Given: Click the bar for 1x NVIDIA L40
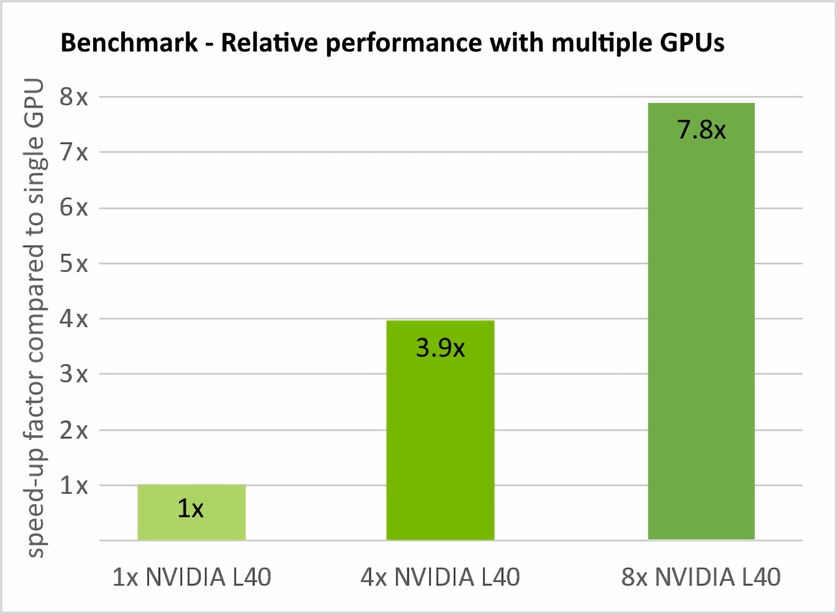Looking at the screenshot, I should pyautogui.click(x=191, y=512).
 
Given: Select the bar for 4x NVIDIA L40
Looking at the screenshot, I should pyautogui.click(x=440, y=430).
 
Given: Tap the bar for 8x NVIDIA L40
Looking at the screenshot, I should pyautogui.click(x=701, y=321).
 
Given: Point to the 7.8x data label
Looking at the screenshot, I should pyautogui.click(x=701, y=130).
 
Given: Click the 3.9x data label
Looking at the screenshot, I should pyautogui.click(x=440, y=348).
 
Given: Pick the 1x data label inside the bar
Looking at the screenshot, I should pyautogui.click(x=191, y=509).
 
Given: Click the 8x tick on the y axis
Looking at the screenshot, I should pyautogui.click(x=74, y=97).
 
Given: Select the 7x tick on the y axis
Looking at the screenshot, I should pyautogui.click(x=74, y=152).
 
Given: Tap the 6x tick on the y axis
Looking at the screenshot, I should pyautogui.click(x=74, y=208).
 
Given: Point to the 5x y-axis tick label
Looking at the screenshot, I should pyautogui.click(x=74, y=263).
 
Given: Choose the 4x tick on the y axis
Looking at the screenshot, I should pyautogui.click(x=74, y=319).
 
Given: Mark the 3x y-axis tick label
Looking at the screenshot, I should pyautogui.click(x=74, y=374).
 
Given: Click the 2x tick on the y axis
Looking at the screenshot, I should pyautogui.click(x=74, y=430).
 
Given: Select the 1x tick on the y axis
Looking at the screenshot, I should pyautogui.click(x=74, y=485).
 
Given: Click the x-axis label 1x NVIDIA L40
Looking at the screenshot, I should pyautogui.click(x=191, y=577).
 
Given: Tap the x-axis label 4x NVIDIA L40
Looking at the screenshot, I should pyautogui.click(x=440, y=577).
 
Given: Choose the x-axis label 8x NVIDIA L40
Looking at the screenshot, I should pyautogui.click(x=701, y=577).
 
